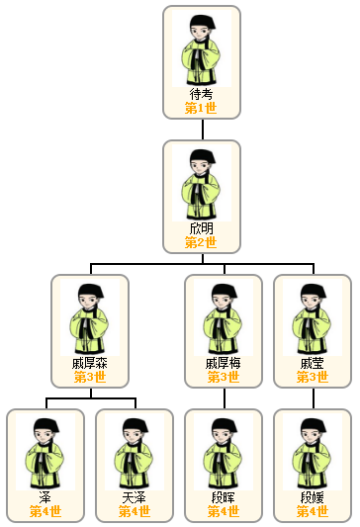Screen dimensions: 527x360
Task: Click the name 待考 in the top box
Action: click(202, 94)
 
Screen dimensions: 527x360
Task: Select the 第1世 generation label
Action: click(202, 107)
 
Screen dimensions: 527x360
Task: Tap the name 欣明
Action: click(202, 228)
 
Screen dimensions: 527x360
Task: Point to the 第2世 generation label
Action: click(202, 241)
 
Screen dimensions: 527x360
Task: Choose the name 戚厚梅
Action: click(224, 363)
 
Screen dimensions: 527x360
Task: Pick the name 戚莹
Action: click(313, 363)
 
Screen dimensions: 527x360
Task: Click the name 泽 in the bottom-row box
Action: click(45, 497)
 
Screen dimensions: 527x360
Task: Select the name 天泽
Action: click(135, 497)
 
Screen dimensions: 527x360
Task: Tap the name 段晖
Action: click(224, 497)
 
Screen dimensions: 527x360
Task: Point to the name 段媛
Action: click(313, 497)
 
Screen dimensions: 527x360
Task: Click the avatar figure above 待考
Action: click(202, 49)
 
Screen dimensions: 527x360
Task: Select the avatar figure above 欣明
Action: click(202, 184)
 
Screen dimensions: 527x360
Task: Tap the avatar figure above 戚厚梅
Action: click(224, 318)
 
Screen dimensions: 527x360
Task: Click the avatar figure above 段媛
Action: click(313, 453)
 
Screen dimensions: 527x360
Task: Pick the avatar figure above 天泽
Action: click(135, 453)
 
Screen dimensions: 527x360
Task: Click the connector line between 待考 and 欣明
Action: click(202, 130)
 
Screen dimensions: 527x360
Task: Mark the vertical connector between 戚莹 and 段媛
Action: click(313, 397)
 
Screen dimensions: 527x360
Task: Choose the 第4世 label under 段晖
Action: click(224, 511)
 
